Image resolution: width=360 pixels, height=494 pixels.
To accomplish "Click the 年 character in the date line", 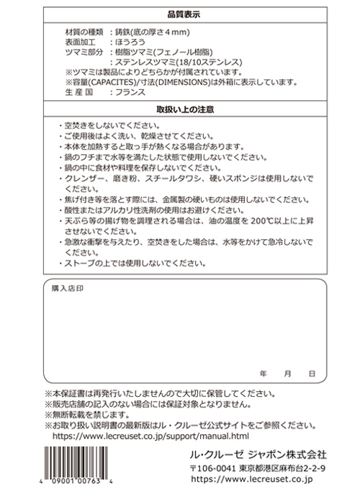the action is [264, 374].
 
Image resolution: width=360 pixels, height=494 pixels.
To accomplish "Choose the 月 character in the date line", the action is [287, 374].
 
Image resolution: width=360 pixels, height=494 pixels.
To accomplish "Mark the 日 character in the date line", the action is [310, 374].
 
